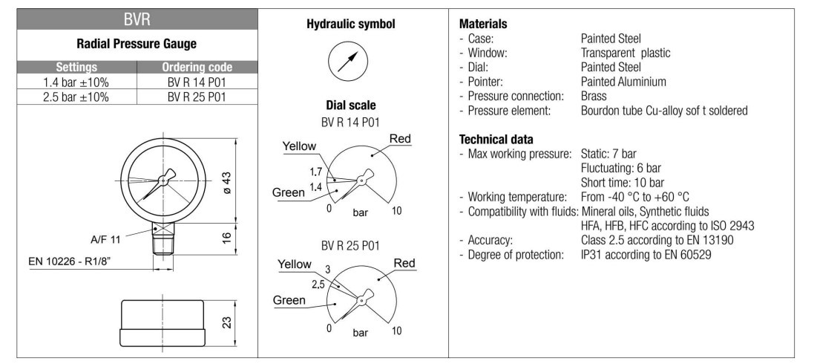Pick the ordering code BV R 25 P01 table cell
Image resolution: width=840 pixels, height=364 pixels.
point(197,97)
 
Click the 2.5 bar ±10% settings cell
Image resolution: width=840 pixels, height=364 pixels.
point(78,97)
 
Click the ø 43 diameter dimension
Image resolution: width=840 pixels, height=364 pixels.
point(228,180)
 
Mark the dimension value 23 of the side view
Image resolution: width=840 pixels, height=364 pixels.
point(228,322)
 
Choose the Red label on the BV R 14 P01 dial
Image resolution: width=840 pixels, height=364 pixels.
point(400,138)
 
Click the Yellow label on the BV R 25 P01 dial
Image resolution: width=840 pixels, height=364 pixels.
point(294,264)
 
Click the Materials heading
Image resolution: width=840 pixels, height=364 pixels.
point(483,24)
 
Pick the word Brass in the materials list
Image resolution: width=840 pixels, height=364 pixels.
point(594,96)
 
